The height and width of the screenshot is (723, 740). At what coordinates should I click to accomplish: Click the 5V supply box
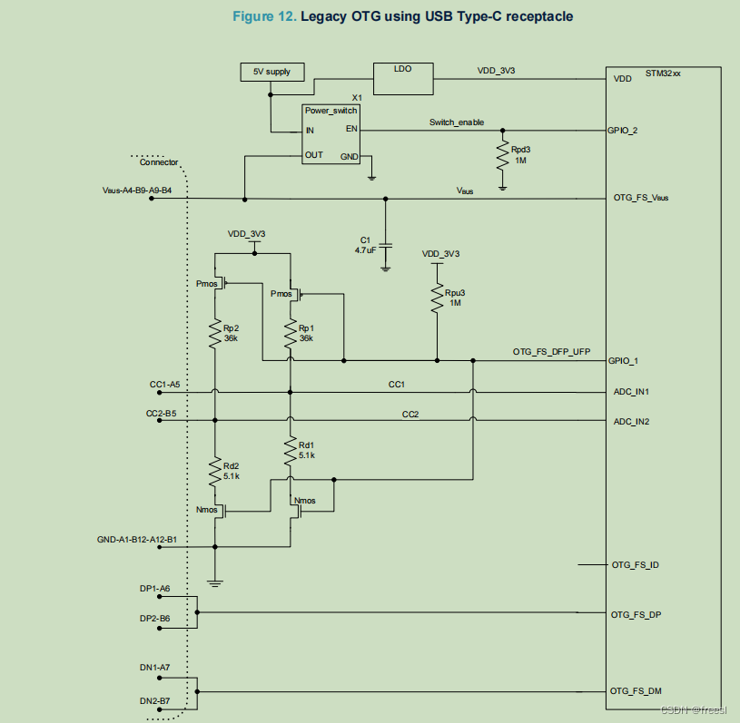point(271,72)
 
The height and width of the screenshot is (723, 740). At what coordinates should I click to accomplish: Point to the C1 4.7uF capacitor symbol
point(386,245)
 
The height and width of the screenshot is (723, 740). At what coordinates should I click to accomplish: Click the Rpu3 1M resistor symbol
point(437,297)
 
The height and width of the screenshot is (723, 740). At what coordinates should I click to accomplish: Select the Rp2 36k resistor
point(215,332)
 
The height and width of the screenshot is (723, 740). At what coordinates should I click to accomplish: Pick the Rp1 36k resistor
point(290,332)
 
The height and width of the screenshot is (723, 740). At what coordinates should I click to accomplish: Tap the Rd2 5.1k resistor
point(215,470)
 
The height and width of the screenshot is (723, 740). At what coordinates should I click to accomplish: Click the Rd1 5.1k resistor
point(290,450)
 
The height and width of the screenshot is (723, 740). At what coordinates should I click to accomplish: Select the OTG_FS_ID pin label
point(636,565)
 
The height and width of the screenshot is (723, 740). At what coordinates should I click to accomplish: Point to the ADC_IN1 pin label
point(631,392)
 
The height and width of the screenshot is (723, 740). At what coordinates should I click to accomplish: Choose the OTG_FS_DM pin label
point(636,691)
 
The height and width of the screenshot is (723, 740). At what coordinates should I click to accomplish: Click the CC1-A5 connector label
point(163,385)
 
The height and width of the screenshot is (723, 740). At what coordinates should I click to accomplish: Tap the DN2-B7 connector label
point(154,701)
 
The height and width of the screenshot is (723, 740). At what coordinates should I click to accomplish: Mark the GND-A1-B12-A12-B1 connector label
point(136,539)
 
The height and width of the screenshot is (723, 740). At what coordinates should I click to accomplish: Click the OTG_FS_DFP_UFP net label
point(551,351)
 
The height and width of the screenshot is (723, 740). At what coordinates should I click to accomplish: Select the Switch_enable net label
point(457,122)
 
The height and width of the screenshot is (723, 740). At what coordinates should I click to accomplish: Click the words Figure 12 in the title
point(263,17)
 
